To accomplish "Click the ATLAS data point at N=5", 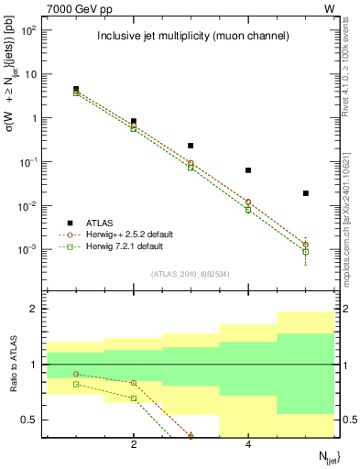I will pos(306,193).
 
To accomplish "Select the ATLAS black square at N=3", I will pos(191,146).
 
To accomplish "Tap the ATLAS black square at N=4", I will pos(248,170).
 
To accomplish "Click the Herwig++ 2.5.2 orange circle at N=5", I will pos(306,245).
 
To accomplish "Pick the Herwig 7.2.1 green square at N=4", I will pos(248,210).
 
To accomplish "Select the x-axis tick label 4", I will pos(248,445).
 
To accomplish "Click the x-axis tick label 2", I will pos(134,445).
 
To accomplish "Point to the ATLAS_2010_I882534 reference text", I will pos(191,274).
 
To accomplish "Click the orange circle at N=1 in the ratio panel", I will pos(76,374).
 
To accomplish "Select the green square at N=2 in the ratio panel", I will pos(134,398).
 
